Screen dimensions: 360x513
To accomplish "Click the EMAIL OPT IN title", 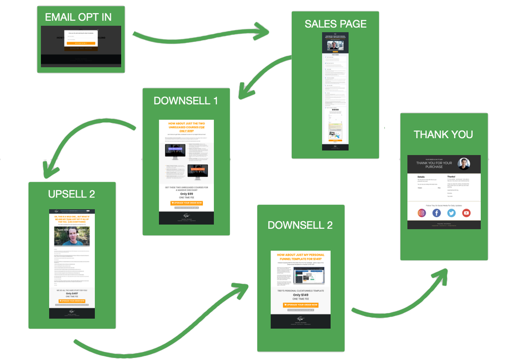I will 78,17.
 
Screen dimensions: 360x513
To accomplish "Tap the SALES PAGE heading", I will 335,24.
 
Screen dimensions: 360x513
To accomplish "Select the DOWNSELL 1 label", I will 186,101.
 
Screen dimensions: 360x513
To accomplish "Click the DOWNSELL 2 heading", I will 300,224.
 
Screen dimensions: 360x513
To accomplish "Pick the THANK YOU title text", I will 443,134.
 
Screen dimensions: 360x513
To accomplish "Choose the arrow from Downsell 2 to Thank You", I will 402,302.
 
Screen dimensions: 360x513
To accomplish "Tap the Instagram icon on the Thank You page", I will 422,213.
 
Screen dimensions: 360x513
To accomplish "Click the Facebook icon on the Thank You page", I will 437,213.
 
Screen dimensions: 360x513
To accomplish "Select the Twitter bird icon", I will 452,213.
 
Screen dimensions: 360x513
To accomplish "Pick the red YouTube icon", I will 466,213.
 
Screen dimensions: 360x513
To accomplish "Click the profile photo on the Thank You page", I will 464,163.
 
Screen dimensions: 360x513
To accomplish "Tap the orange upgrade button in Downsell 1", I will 186,203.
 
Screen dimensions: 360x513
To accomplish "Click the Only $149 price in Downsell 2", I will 300,295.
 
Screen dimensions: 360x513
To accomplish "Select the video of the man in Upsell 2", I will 72,236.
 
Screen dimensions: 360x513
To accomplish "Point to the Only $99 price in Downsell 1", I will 186,194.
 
